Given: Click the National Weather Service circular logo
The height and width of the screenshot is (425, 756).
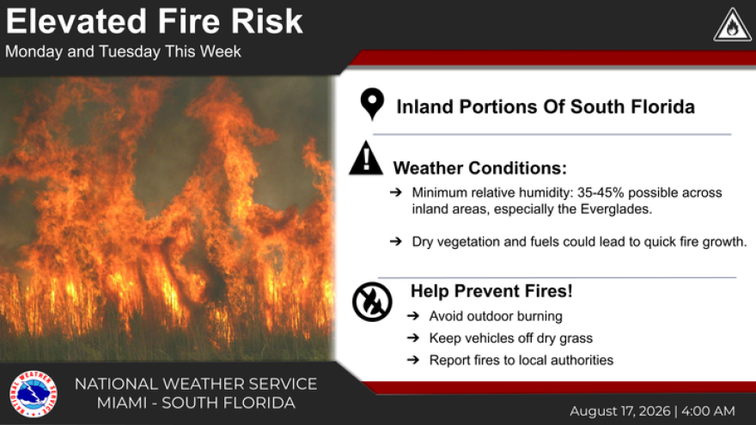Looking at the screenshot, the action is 34,394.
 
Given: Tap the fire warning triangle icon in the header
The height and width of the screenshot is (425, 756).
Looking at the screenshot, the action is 732,26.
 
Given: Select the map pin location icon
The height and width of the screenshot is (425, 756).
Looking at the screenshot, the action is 372,104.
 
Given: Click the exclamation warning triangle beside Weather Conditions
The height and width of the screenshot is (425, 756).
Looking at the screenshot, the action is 366,158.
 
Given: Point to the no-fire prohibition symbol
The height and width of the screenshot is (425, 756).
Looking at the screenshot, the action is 372,302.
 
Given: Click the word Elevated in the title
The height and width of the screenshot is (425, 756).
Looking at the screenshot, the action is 76,21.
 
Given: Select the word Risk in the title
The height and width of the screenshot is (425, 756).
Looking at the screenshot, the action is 266,21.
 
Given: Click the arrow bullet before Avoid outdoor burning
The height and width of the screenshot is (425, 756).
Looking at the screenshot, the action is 413,316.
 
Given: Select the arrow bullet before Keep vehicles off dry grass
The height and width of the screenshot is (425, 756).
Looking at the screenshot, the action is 413,337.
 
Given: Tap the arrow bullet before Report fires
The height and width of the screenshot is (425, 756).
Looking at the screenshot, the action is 413,360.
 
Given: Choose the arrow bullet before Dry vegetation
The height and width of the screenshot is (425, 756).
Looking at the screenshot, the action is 396,241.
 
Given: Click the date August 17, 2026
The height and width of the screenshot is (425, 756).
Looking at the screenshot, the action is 620,411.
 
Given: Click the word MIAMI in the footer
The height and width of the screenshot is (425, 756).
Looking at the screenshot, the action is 121,403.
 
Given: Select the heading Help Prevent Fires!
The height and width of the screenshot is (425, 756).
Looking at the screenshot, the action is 491,291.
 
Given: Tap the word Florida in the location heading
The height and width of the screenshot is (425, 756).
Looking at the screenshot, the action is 662,106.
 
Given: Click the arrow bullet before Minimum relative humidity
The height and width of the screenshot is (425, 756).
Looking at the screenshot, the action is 396,192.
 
